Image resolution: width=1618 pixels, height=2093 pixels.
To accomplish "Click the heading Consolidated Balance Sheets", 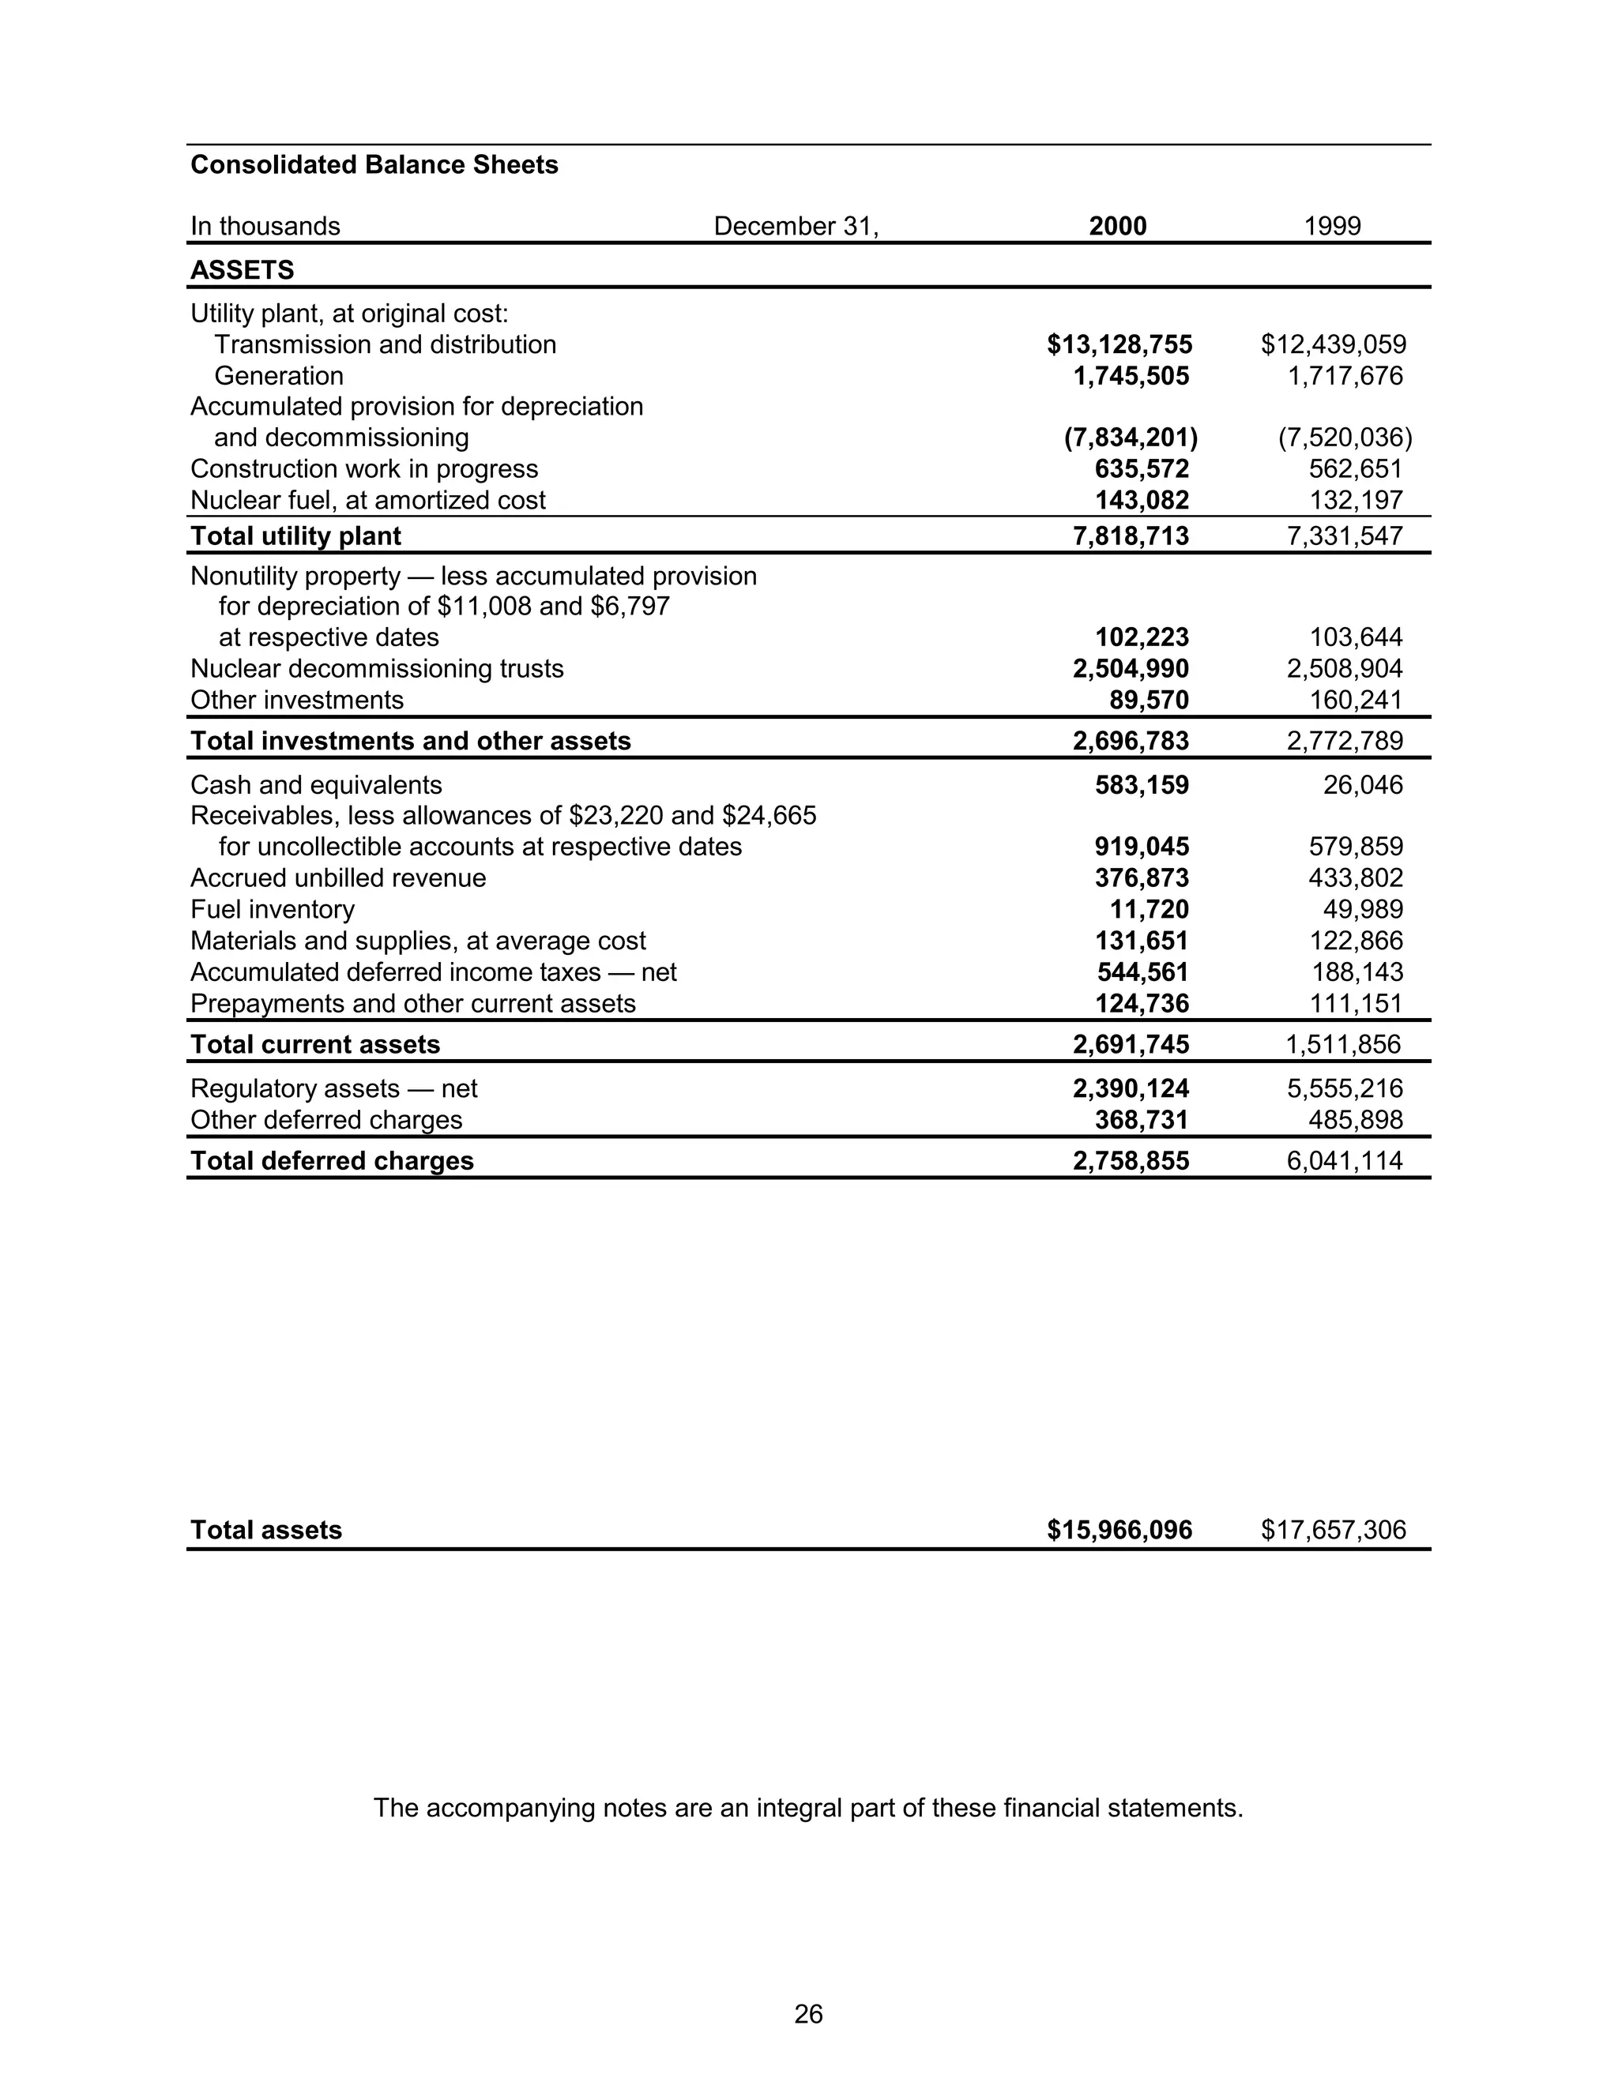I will coord(374,165).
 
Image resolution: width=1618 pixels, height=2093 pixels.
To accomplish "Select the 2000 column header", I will coord(1118,226).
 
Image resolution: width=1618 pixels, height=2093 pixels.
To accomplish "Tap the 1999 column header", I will coord(1332,226).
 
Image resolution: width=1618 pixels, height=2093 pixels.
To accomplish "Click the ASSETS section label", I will coord(243,270).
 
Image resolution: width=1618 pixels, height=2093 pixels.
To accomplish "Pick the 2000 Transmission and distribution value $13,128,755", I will coord(1119,344).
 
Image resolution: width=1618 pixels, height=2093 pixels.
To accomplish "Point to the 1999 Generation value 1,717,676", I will coord(1345,376).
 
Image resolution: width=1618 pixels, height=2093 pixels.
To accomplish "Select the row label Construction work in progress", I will coord(364,468).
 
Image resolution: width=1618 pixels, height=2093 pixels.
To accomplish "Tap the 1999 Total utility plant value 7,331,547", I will coord(1345,535).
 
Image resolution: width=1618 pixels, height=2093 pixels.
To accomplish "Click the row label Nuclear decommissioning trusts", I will coord(377,668).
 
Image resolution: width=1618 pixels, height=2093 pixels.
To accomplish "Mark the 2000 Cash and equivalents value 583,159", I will coord(1142,785).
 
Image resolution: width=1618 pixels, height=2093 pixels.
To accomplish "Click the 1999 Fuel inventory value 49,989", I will coord(1363,909).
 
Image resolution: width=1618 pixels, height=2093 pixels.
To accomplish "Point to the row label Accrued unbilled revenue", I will coord(338,877).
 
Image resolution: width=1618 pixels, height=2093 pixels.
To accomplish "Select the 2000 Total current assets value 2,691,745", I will coord(1131,1045).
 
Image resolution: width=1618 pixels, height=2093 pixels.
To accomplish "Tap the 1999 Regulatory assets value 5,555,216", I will coord(1345,1088).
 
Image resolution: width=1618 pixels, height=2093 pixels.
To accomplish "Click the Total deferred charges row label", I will coord(332,1160).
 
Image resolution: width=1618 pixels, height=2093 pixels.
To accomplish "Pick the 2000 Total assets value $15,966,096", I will coord(1119,1530).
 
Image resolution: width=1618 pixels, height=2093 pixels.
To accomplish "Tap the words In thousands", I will coord(265,226).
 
